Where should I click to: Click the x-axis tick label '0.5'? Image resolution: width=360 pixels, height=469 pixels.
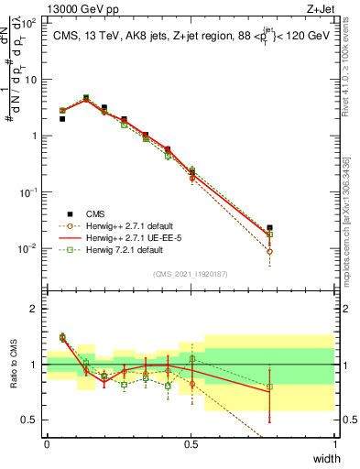(191, 442)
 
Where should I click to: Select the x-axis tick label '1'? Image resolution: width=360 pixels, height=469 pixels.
(334, 442)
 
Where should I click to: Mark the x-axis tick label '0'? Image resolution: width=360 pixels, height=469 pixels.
(48, 442)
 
